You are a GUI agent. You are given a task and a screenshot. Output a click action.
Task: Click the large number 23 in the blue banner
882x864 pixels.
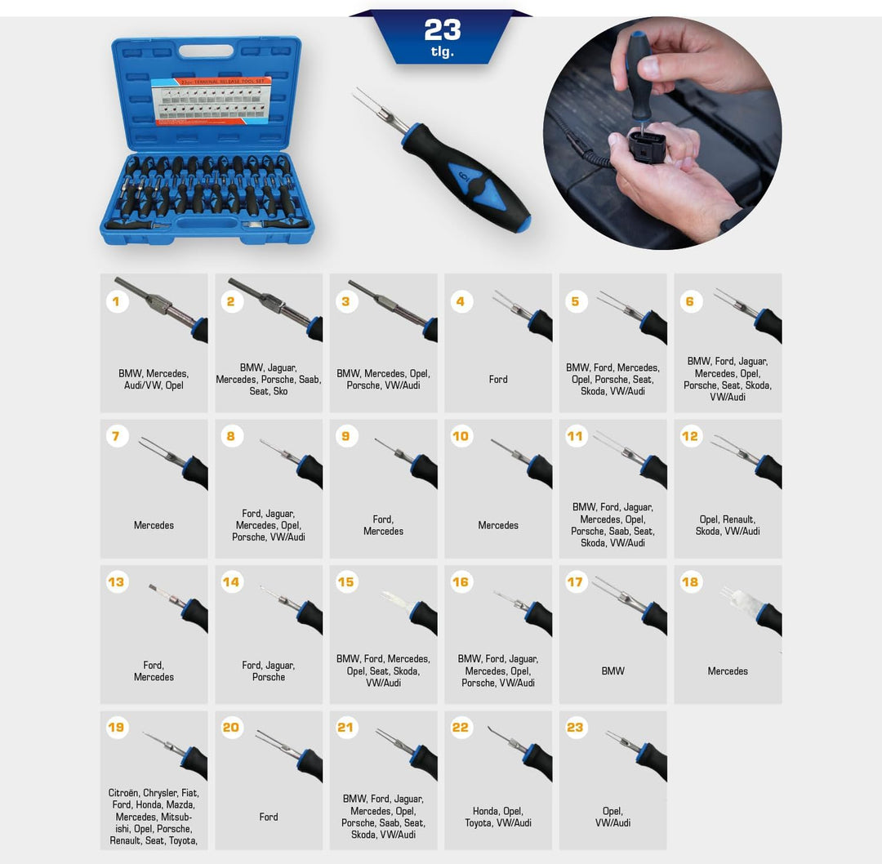[x=442, y=30]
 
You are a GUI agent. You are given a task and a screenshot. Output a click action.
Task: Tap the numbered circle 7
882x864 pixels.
[x=116, y=436]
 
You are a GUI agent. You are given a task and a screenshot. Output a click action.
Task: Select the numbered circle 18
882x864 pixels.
[x=690, y=582]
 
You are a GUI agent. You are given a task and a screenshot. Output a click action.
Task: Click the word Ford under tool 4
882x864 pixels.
[x=498, y=379]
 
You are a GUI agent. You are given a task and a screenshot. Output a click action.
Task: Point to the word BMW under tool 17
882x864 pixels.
[x=612, y=671]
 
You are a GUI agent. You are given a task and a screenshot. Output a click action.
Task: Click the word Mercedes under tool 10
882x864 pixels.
[x=498, y=525]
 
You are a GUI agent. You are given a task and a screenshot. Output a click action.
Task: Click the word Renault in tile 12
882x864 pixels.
[x=739, y=519]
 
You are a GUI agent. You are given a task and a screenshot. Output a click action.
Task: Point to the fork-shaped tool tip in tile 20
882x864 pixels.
[x=274, y=742]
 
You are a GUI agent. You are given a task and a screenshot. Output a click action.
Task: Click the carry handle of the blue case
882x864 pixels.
[x=205, y=51]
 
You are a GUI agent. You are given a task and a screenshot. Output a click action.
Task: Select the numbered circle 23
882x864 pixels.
[x=576, y=728]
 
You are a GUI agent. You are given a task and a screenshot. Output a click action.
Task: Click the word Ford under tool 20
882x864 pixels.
[x=269, y=817]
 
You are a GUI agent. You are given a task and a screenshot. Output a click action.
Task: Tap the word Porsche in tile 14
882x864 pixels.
[x=269, y=677]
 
